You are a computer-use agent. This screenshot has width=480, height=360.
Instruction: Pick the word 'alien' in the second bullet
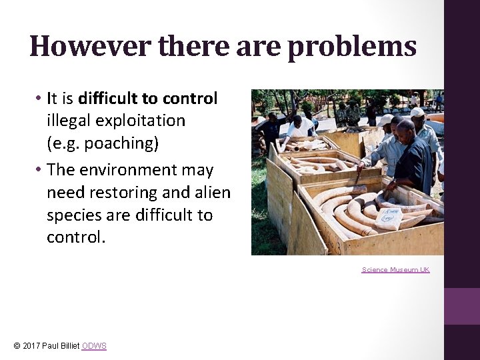coord(213,193)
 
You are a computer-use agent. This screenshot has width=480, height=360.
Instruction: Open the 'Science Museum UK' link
coord(395,270)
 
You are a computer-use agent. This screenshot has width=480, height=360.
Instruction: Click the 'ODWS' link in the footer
coord(94,346)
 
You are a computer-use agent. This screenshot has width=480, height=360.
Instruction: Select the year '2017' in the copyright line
coord(31,346)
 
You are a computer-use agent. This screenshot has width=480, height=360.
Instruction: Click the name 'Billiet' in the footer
coord(69,346)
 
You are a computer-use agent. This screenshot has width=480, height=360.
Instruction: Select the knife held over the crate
coord(358,176)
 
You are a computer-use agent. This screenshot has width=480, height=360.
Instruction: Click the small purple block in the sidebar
coord(462,306)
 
